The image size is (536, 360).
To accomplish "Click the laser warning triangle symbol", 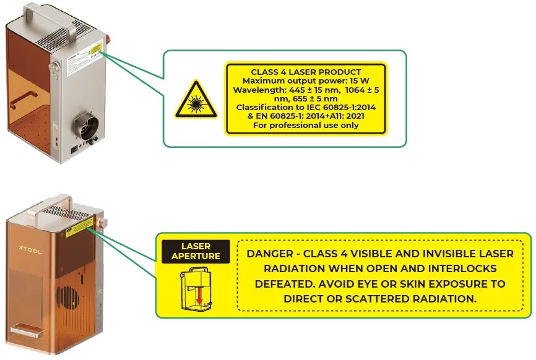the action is pyautogui.click(x=196, y=100).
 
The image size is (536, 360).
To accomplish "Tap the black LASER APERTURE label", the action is pyautogui.click(x=196, y=251).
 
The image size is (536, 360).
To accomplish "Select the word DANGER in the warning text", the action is pyautogui.click(x=270, y=254).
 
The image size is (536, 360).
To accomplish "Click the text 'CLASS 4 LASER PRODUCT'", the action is pyautogui.click(x=306, y=72).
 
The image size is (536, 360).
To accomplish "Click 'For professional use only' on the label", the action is pyautogui.click(x=306, y=126).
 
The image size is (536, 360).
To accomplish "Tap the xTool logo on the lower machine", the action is pyautogui.click(x=30, y=250).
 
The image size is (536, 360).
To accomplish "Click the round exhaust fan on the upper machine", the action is pyautogui.click(x=87, y=126).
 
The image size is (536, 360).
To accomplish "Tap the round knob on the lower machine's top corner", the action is pyautogui.click(x=102, y=223).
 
